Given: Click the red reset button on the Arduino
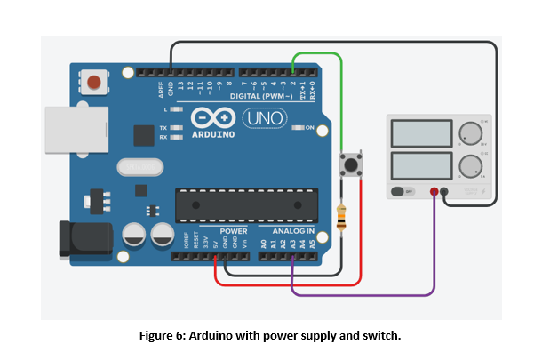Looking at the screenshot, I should (x=94, y=84).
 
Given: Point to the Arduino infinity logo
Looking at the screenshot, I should (x=212, y=119).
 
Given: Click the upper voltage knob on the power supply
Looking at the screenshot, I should (x=469, y=134).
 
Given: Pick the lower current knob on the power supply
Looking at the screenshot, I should (x=469, y=165).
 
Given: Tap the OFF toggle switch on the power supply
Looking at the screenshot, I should (x=404, y=191).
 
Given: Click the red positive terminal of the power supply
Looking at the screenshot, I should (x=434, y=191).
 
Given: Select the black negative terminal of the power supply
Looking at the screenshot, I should (x=444, y=191).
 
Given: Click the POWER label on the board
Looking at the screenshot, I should (x=234, y=230).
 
